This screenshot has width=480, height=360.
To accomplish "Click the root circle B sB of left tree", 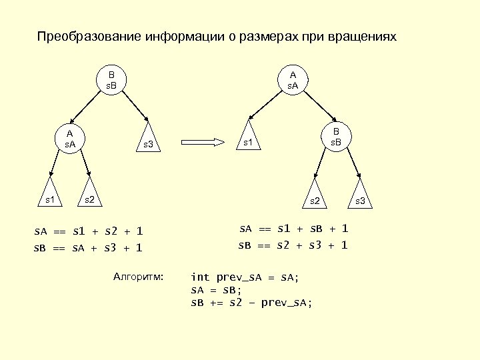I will coord(112,81).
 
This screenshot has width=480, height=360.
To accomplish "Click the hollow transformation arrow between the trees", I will coord(205,141).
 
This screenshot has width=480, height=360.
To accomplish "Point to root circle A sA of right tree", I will coord(293,80).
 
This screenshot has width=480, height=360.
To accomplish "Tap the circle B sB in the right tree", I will coord(336,137).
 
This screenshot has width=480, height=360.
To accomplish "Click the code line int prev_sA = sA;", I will coord(245,277).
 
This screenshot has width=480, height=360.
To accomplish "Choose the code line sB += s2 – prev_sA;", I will coord(251,303).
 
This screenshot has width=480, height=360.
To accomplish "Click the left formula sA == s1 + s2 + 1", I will coord(89,232).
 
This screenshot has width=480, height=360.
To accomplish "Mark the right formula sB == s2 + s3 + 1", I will coord(293,245).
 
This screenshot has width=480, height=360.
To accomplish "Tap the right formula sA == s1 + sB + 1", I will coord(293,229).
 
